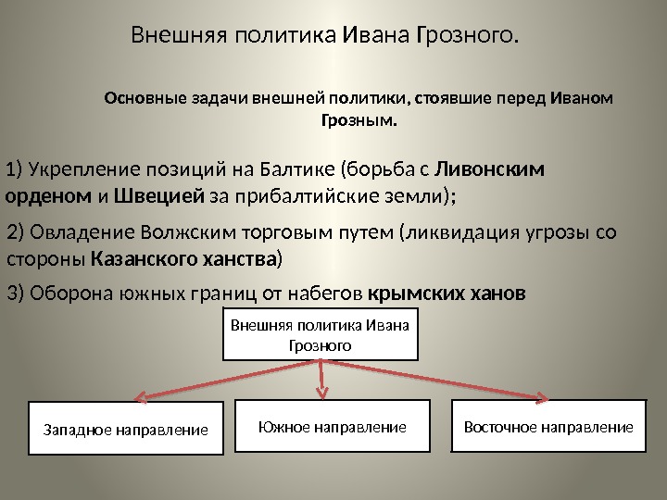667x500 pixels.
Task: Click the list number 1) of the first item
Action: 14,169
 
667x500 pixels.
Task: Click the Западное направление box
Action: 126,429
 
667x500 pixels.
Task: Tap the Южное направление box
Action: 333,426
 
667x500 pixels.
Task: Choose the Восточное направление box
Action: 547,426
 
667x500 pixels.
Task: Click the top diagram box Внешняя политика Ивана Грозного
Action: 321,334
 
